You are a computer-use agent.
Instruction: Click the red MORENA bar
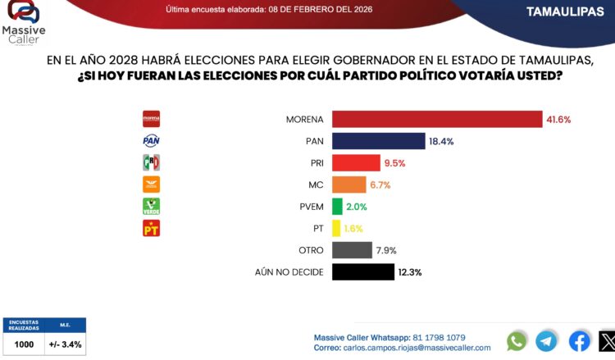437,119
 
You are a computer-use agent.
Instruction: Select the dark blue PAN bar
378,140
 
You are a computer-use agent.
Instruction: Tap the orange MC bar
348,185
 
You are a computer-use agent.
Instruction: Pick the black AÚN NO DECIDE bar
362,271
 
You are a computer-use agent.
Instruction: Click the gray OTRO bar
351,250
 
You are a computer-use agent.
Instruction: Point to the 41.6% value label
558,119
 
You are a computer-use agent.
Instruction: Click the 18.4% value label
440,141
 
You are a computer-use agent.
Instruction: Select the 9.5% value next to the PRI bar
394,162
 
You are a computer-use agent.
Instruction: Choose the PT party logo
152,228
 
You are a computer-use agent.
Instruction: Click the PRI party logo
152,162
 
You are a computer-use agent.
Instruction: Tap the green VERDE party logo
152,206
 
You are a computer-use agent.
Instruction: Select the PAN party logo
152,140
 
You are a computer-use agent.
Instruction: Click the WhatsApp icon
517,341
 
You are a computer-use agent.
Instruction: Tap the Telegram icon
546,341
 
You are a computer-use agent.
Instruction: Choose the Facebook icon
579,341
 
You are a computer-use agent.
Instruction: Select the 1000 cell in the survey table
24,344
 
